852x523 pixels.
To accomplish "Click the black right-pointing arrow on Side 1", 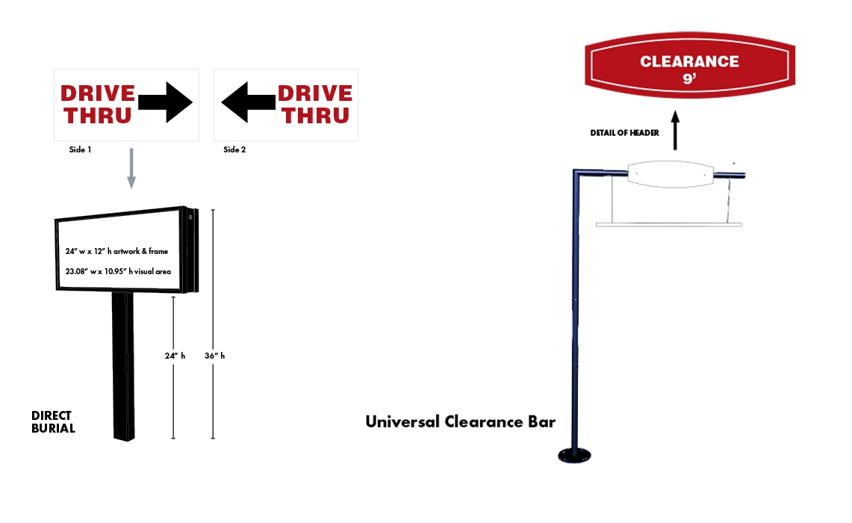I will (x=166, y=102).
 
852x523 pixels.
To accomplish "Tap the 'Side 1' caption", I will (x=80, y=149).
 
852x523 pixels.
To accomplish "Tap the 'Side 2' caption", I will (x=234, y=149).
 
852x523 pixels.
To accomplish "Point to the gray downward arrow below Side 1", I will (x=131, y=168).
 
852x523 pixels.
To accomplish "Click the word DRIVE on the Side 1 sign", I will (x=98, y=93).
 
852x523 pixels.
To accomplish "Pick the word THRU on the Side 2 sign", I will (x=315, y=115).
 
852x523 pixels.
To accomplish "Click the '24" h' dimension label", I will (x=175, y=356).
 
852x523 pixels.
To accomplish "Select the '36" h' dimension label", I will (x=214, y=356).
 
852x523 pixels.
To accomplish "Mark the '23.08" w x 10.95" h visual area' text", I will (x=118, y=271).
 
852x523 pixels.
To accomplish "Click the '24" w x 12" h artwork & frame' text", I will (x=116, y=251).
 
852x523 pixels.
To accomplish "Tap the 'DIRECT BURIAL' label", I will (x=53, y=422).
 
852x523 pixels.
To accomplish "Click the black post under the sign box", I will (x=123, y=366).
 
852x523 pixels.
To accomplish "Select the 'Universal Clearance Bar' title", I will (x=460, y=421).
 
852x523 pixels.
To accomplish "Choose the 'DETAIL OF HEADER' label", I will (x=626, y=133).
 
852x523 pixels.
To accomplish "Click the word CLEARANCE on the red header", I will (x=689, y=61).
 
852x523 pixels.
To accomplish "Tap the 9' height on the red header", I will (x=689, y=78).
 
